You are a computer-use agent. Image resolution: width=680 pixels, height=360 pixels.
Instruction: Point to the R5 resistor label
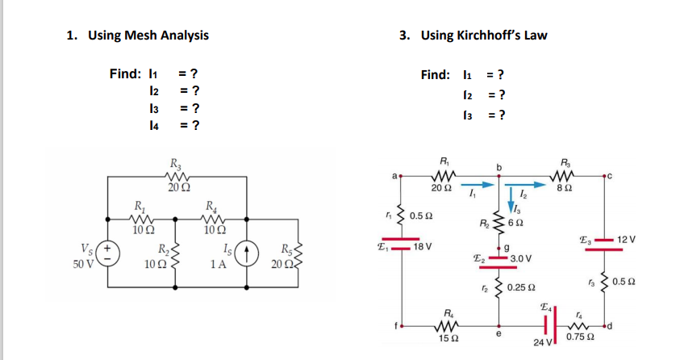[x=287, y=248]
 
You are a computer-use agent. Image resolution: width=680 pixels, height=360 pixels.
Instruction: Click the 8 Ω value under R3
[x=565, y=188]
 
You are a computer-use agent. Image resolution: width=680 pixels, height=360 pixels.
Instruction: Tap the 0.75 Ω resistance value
[x=579, y=337]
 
